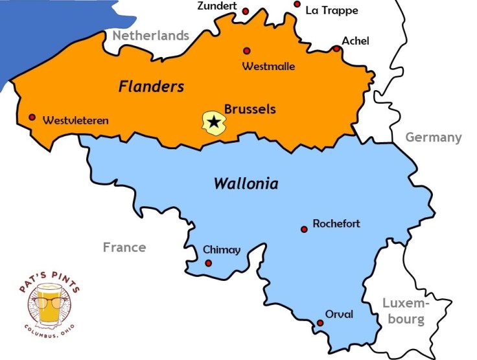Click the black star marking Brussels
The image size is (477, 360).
click(x=214, y=121)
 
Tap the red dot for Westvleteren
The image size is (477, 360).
click(x=32, y=117)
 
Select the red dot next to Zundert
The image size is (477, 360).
click(x=246, y=11)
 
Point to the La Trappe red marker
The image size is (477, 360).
click(x=297, y=4)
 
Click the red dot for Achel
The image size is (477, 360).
click(x=336, y=49)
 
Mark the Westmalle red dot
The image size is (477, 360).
click(x=246, y=51)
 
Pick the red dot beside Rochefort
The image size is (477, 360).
click(x=304, y=229)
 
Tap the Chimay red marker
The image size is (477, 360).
click(x=208, y=263)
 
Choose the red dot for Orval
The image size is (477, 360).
click(x=320, y=323)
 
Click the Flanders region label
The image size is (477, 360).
click(x=152, y=87)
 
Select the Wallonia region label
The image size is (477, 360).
click(x=246, y=184)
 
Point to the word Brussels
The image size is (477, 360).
click(x=250, y=109)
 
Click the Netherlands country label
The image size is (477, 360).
click(x=151, y=36)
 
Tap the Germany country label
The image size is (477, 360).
click(x=434, y=138)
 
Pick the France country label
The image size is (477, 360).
click(x=124, y=247)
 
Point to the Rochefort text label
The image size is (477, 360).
click(x=336, y=224)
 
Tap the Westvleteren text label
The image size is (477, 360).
click(x=76, y=121)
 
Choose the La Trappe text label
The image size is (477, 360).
click(x=332, y=10)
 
